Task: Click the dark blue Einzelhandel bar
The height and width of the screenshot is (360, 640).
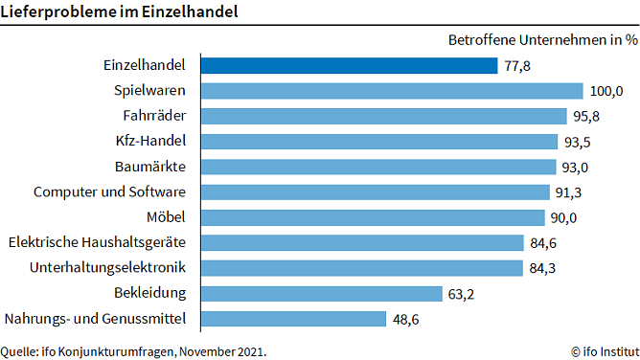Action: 348,66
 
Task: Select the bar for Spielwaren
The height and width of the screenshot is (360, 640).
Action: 391,91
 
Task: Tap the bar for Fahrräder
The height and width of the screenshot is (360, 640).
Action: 383,116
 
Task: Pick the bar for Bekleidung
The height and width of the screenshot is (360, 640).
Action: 321,292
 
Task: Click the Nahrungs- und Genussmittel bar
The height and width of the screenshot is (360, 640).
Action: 293,318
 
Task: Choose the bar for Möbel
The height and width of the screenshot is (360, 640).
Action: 372,216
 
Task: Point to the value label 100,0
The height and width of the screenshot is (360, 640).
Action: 606,91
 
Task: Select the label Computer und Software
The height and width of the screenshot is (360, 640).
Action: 110,191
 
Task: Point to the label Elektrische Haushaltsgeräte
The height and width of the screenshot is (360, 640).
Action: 97,242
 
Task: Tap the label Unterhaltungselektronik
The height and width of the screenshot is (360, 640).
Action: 108,267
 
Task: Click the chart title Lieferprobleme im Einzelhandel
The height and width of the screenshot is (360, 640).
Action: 121,12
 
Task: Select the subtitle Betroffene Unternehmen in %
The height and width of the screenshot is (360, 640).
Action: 542,40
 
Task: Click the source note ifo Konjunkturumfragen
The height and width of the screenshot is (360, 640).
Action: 134,350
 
